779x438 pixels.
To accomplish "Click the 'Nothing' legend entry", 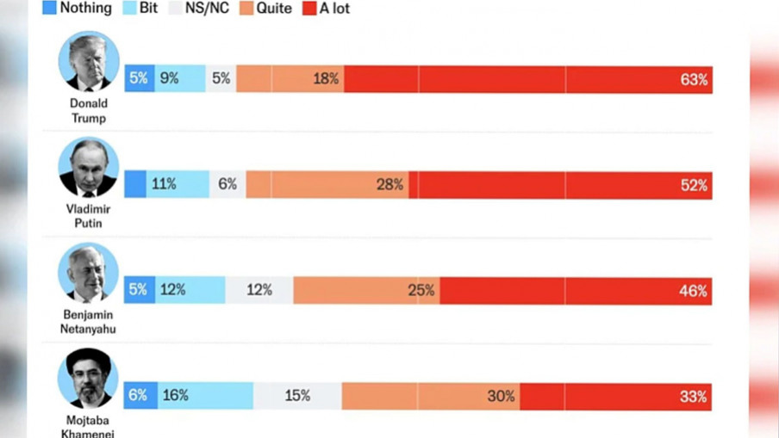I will click(x=78, y=9).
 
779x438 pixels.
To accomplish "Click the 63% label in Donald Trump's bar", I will click(x=694, y=79).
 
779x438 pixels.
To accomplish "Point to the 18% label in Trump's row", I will click(x=326, y=79).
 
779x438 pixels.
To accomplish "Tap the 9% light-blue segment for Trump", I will click(x=169, y=78).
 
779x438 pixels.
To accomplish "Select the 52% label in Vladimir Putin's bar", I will click(x=694, y=185).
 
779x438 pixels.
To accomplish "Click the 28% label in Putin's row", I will click(x=389, y=185).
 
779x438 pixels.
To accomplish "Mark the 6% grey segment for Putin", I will click(x=227, y=184).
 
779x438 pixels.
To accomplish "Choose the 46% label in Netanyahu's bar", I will click(x=693, y=291).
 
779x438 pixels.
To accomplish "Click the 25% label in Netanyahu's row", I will click(x=421, y=291).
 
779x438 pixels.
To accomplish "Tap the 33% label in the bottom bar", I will click(x=693, y=397).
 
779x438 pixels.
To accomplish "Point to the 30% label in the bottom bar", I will click(x=501, y=397).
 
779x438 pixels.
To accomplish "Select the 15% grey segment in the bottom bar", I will click(x=297, y=397).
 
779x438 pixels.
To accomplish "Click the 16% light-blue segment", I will click(x=176, y=396).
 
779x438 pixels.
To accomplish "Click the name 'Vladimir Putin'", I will click(x=88, y=216).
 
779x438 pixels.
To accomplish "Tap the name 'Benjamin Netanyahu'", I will click(x=88, y=322).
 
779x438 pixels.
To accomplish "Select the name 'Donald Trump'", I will click(x=88, y=110).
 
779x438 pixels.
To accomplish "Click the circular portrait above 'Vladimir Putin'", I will click(x=88, y=167).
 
